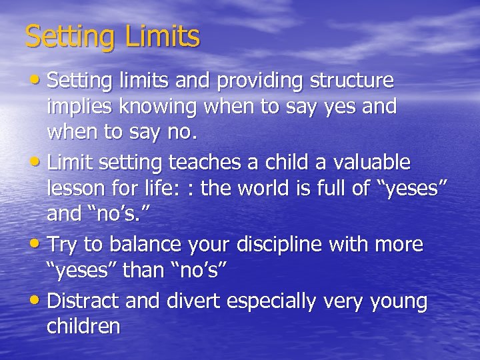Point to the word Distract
pos(83,301)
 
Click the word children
pos(83,326)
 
